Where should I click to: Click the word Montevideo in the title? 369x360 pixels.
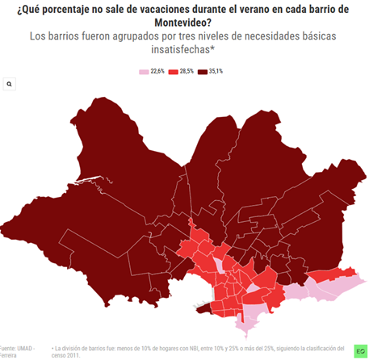coord(183,23)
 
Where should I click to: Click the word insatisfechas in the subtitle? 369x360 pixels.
coord(185,50)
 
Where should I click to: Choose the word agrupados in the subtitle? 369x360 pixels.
coord(141,36)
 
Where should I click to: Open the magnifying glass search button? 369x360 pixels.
coord(9,84)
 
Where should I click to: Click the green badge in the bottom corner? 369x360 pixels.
coord(359,351)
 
